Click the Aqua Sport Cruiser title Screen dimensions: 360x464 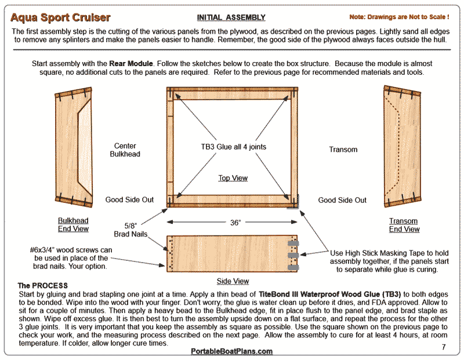pyautogui.click(x=61, y=17)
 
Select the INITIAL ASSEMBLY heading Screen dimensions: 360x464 pyautogui.click(x=231, y=18)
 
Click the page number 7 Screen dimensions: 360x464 pyautogui.click(x=443, y=347)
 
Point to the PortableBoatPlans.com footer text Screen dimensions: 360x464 pyautogui.click(x=231, y=351)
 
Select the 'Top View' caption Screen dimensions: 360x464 pyautogui.click(x=233, y=178)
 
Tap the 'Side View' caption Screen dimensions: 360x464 pyautogui.click(x=233, y=281)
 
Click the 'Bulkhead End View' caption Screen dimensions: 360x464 pyautogui.click(x=73, y=225)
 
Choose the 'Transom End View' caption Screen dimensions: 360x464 pyautogui.click(x=404, y=225)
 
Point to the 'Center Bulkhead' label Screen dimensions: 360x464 pyautogui.click(x=125, y=150)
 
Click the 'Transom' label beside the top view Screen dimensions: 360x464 pyautogui.click(x=343, y=150)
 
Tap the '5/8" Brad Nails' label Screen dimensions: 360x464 pyautogui.click(x=138, y=230)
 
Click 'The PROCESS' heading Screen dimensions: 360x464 pyautogui.click(x=42, y=286)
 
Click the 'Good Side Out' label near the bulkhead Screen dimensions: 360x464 pyautogui.click(x=129, y=200)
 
